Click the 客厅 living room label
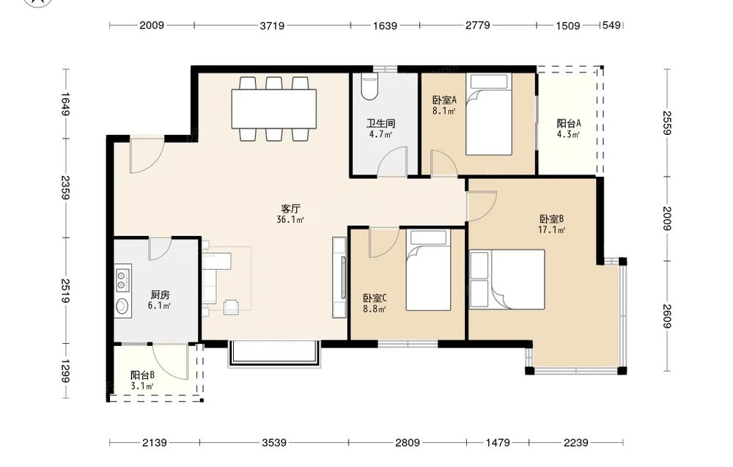pyautogui.click(x=290, y=208)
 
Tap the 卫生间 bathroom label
pyautogui.click(x=380, y=123)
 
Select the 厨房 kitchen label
pyautogui.click(x=160, y=295)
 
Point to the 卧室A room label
pyautogui.click(x=444, y=100)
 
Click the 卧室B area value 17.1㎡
pyautogui.click(x=552, y=230)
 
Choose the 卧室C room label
pyautogui.click(x=375, y=298)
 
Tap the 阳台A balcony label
pyautogui.click(x=569, y=123)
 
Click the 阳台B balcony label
pyautogui.click(x=143, y=375)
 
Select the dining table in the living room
pyautogui.click(x=274, y=109)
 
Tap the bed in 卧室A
pyautogui.click(x=488, y=114)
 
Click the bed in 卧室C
pyautogui.click(x=428, y=270)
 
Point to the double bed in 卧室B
pyautogui.click(x=507, y=279)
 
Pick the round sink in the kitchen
pyautogui.click(x=122, y=306)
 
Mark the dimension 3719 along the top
pyautogui.click(x=272, y=26)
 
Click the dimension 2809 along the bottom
pyautogui.click(x=407, y=442)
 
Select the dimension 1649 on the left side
pyautogui.click(x=65, y=104)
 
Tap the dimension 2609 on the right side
pyautogui.click(x=667, y=316)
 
